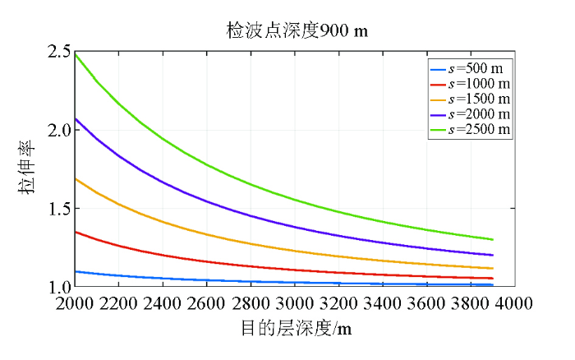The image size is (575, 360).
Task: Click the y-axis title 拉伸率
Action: pos(26,169)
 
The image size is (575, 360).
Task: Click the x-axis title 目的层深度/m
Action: pos(297,329)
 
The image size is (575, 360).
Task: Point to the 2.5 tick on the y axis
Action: pos(58,52)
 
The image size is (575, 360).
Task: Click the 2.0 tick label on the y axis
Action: pos(58,130)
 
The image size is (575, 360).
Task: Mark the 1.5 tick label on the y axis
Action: pos(58,209)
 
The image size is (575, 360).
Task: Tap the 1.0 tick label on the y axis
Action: pos(58,287)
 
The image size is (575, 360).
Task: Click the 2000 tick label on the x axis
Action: pos(75,303)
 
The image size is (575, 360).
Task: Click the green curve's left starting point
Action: pos(76,54)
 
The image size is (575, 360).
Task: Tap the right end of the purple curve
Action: pos(492,255)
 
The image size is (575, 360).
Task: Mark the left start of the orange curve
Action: pos(76,178)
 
